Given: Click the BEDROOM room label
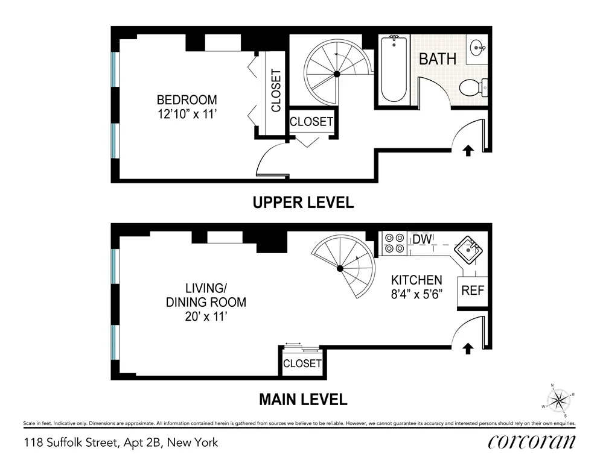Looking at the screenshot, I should click(187, 100).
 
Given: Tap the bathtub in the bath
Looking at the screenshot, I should click(394, 69).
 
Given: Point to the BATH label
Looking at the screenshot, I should click(438, 59).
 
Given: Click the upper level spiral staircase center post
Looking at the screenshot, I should click(337, 74).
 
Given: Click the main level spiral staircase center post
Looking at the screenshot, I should click(340, 268).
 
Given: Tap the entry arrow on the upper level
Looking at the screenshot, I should click(468, 150).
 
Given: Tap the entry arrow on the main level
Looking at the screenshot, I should click(468, 348).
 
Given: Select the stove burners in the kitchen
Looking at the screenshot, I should click(394, 242).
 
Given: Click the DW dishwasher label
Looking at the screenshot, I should click(422, 240).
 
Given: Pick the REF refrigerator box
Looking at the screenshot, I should click(473, 290).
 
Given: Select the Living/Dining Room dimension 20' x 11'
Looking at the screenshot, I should click(206, 315).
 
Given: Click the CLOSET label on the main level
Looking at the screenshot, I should click(302, 364).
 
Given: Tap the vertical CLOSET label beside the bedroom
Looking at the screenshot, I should click(276, 90).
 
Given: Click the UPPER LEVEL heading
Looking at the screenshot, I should click(302, 203).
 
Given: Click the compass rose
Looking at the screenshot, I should click(560, 400).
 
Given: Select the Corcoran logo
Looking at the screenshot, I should click(531, 442).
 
